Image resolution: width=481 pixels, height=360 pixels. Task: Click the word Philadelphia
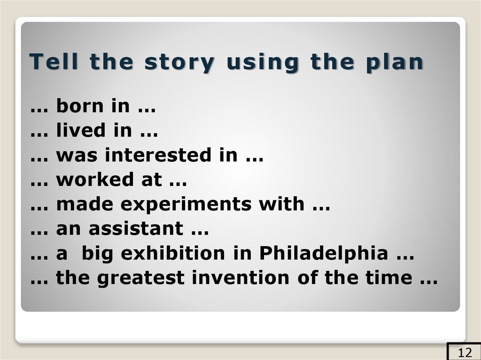coord(324,253)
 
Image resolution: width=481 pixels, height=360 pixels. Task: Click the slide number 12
coord(464,352)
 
